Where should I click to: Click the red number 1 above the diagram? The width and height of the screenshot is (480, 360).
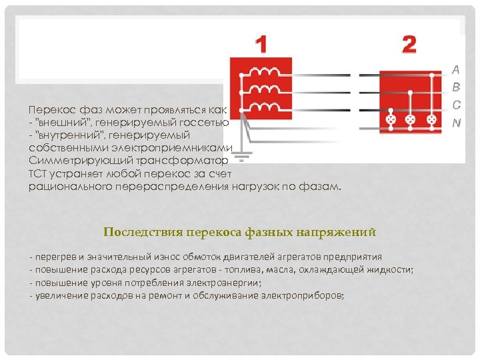click(x=261, y=45)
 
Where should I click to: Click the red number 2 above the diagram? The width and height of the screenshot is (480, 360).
click(x=409, y=45)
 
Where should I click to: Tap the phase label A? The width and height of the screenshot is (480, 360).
click(x=456, y=69)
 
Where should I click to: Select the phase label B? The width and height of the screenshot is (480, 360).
click(x=456, y=87)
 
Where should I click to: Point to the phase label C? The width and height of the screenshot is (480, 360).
click(x=456, y=105)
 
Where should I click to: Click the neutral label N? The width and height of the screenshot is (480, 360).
click(x=456, y=123)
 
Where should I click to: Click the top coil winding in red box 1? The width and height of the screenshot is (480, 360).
click(x=266, y=72)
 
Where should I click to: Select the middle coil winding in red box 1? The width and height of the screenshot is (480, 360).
click(x=266, y=89)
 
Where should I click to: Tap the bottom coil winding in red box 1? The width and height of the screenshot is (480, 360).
click(x=266, y=107)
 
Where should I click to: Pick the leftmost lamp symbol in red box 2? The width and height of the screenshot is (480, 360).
click(x=391, y=120)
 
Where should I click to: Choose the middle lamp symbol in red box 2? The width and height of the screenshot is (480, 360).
click(x=411, y=120)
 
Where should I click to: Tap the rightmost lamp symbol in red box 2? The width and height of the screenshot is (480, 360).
click(x=431, y=120)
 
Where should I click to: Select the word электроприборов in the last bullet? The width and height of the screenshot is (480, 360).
click(x=303, y=294)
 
